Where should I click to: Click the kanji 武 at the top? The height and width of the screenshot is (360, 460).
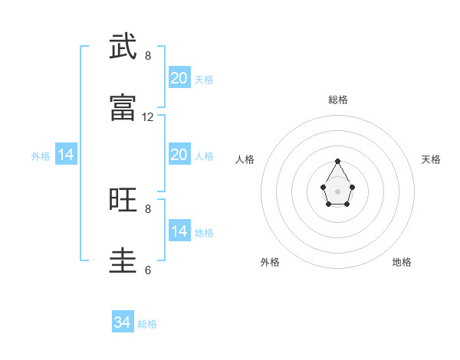123,47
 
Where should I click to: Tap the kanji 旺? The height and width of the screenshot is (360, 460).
123,200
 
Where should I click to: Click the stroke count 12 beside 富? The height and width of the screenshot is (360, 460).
148,117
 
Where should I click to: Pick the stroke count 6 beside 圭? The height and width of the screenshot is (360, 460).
148,270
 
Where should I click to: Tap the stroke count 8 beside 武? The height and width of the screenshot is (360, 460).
148,56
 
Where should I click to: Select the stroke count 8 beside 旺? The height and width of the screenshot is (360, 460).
148,208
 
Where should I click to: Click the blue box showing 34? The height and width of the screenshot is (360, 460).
123,322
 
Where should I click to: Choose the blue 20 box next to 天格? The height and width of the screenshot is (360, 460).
179,78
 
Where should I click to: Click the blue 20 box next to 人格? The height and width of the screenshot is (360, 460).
179,155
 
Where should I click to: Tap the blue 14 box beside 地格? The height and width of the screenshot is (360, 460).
179,231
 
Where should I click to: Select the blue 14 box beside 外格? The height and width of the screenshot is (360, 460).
66,155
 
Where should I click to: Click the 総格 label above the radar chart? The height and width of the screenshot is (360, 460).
338,100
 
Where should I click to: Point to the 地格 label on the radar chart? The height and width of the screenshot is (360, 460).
402,262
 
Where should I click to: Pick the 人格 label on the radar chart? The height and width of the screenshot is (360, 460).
245,159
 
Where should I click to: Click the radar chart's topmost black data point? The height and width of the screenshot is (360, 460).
337,162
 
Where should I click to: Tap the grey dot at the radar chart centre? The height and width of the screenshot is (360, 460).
337,190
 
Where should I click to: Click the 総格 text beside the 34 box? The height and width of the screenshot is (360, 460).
147,324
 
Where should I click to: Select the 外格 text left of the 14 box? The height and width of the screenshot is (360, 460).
41,156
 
